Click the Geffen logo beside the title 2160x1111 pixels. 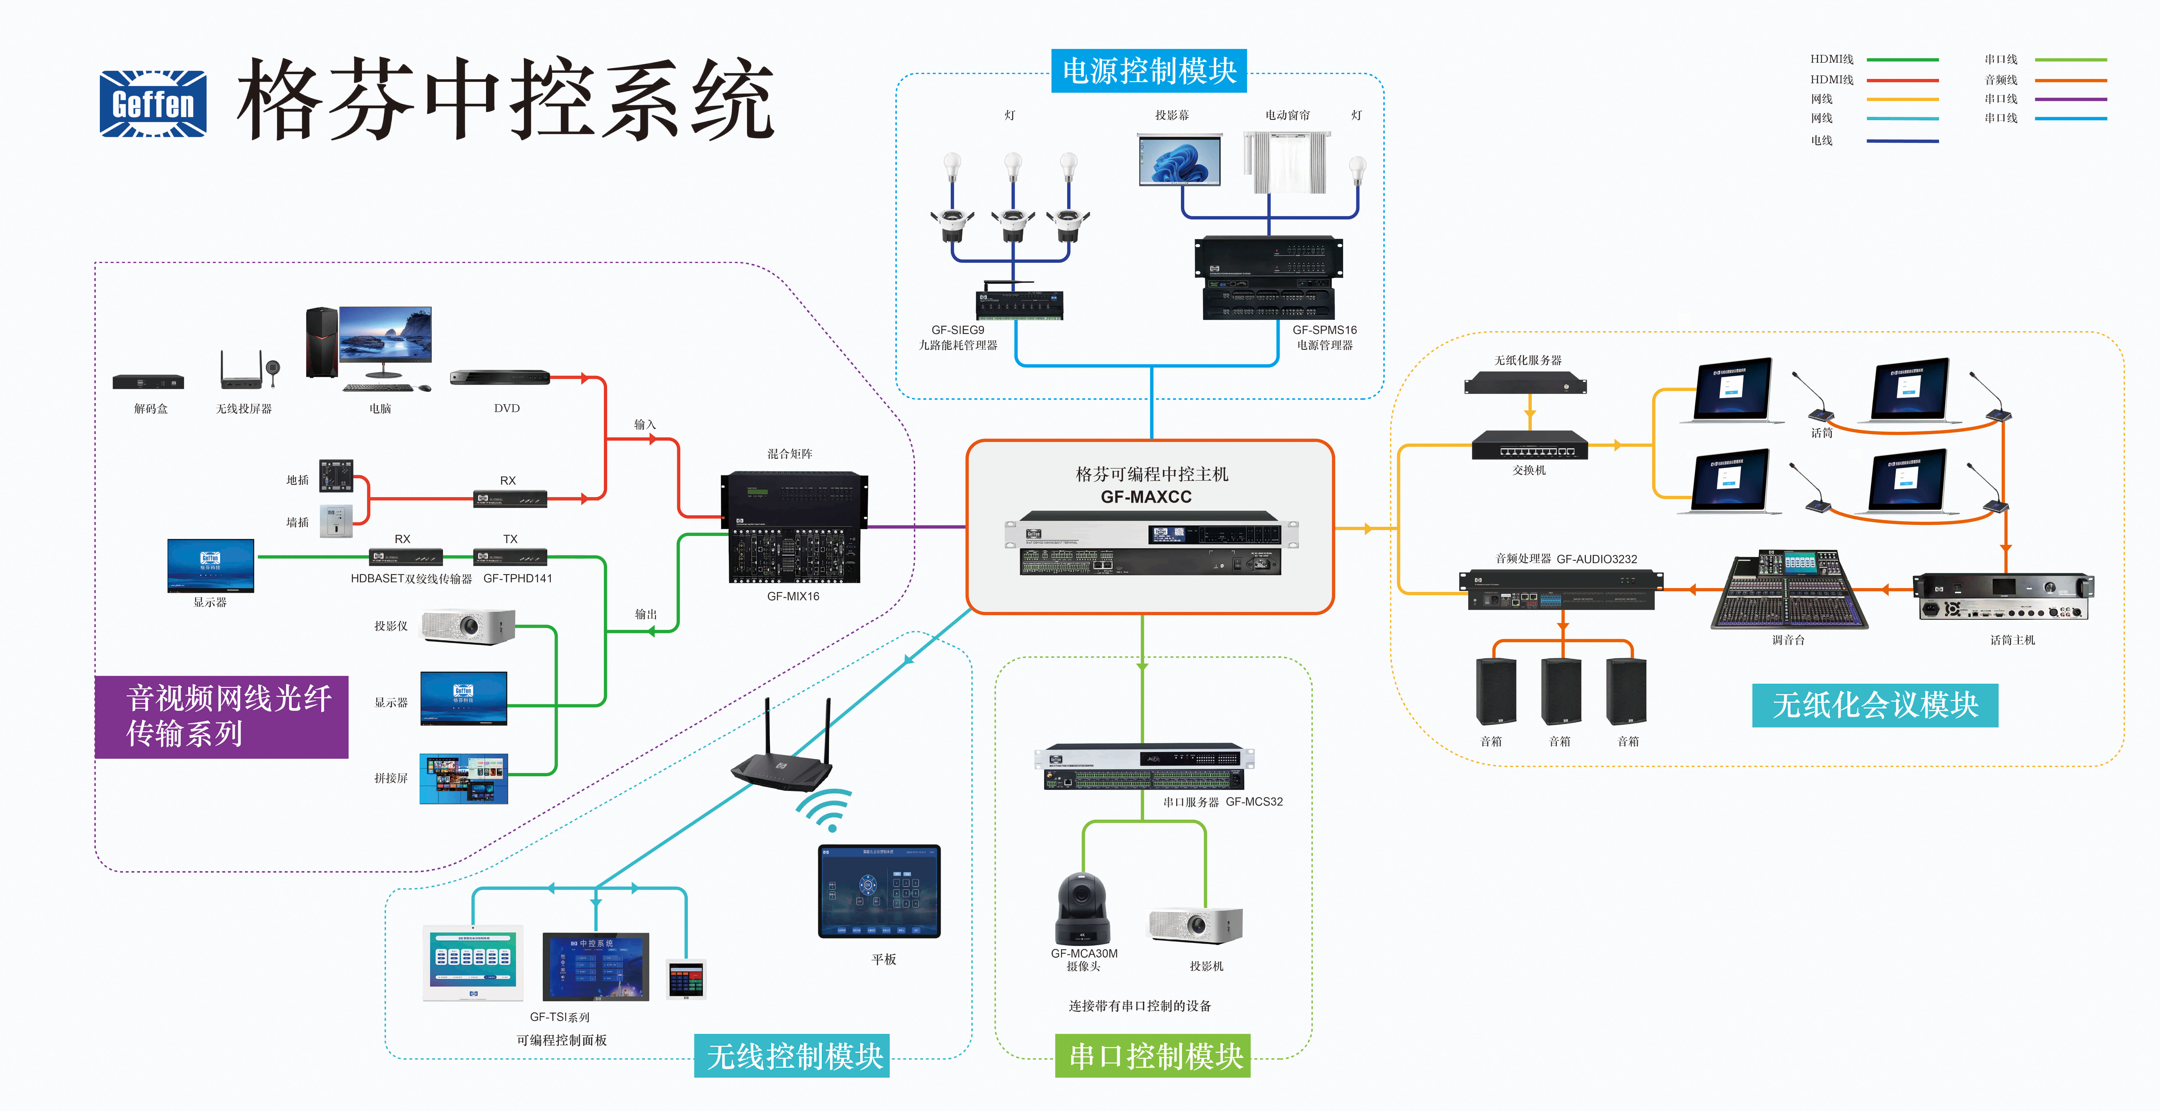tap(153, 103)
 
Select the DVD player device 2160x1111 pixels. tap(500, 378)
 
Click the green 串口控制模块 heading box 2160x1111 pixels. tap(1153, 1056)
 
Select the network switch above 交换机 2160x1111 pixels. tap(1529, 445)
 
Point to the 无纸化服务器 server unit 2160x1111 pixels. tap(1525, 383)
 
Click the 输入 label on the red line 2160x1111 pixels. tap(645, 424)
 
